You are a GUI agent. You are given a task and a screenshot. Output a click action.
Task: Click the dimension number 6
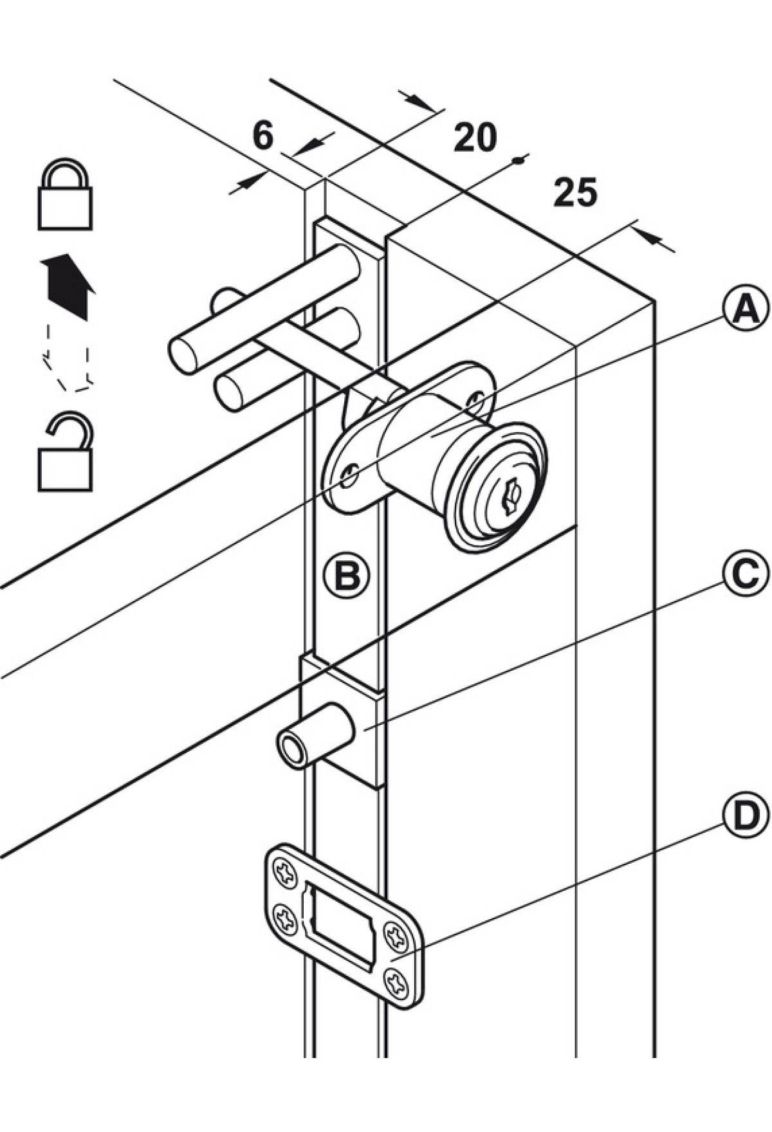coord(263,136)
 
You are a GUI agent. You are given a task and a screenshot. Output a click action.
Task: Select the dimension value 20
coord(475,137)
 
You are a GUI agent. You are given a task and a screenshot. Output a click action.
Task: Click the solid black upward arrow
coord(68,286)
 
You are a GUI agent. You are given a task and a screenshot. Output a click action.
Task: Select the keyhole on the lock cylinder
coord(510,497)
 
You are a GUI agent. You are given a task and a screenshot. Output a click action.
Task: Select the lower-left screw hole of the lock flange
coord(349,476)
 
